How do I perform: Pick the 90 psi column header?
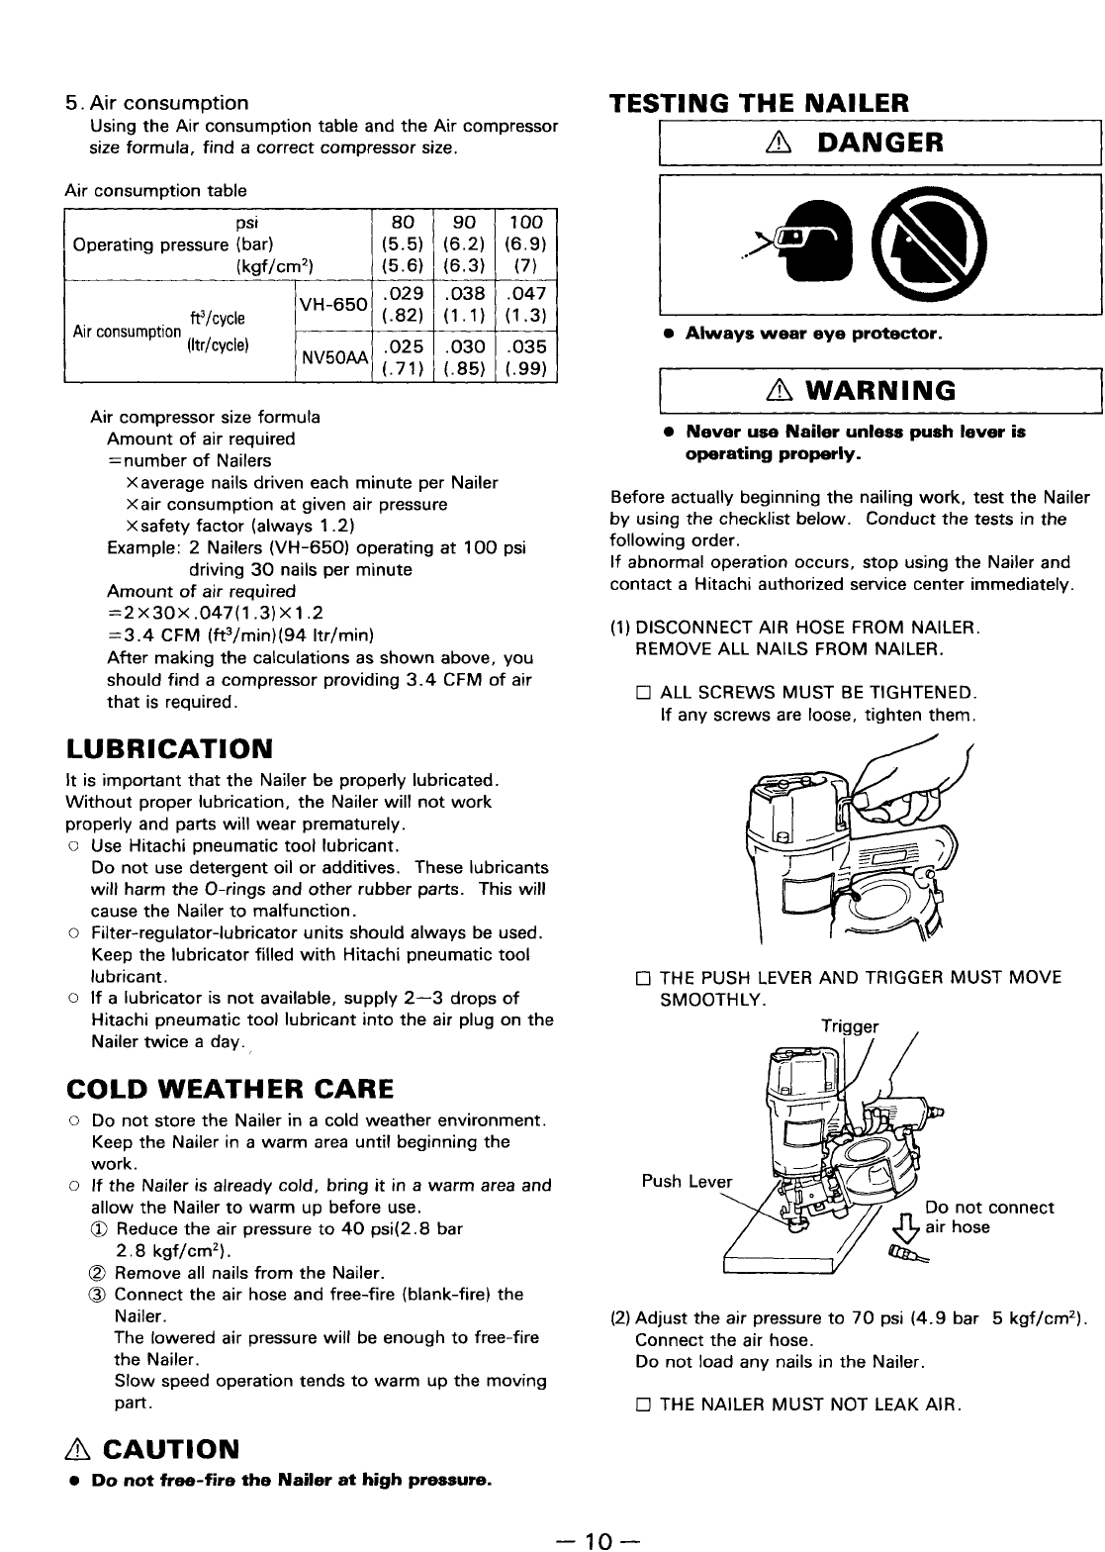(465, 222)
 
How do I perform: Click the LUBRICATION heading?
(168, 745)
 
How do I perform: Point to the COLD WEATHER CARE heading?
(229, 1090)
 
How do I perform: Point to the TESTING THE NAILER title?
(759, 103)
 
